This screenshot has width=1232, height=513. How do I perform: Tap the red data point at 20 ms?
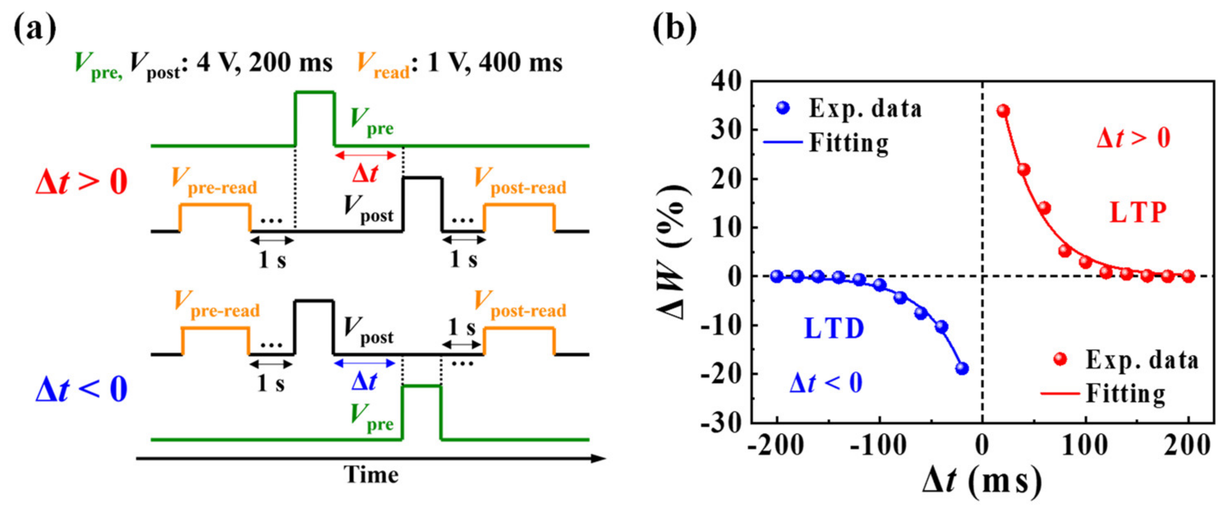[x=1003, y=111]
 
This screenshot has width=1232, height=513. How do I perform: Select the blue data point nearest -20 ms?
[x=962, y=368]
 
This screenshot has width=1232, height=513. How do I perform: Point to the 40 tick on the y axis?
[x=726, y=82]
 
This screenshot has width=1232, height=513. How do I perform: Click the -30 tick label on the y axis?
[x=721, y=423]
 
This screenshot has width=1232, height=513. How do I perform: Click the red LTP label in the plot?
[x=1138, y=213]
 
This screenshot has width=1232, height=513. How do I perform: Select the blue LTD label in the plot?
[x=834, y=328]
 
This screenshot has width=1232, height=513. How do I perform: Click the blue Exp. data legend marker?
[x=783, y=108]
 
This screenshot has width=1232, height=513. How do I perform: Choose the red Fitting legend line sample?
[x=1060, y=394]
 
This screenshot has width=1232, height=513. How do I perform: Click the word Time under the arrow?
[x=371, y=475]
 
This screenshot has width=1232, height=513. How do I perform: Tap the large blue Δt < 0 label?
[x=82, y=388]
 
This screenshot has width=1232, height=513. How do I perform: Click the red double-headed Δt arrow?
[x=365, y=155]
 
